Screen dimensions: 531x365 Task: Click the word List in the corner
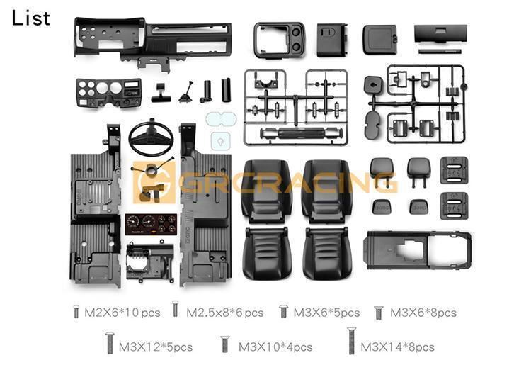pos(31,18)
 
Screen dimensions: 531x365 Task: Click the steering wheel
pos(151,137)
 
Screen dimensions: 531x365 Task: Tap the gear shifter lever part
pos(186,92)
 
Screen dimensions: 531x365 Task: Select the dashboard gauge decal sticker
pos(151,225)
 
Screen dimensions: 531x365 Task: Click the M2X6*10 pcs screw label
pos(122,313)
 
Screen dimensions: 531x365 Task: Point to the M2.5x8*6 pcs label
pos(225,313)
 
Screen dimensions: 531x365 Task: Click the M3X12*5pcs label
pos(156,347)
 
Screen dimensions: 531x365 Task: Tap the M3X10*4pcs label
pos(275,347)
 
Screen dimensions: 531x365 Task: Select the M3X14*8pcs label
pos(397,347)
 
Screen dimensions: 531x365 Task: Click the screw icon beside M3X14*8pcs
pos(351,341)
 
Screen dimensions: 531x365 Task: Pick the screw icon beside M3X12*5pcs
pos(110,343)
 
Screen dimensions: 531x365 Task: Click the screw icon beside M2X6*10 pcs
pos(76,311)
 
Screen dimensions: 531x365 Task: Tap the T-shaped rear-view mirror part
pos(161,92)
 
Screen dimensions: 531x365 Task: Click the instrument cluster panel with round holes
pos(109,93)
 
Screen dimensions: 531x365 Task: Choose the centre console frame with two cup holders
pos(280,40)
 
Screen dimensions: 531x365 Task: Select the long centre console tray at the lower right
pos(417,250)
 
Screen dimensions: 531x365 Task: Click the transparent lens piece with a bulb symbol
pos(220,141)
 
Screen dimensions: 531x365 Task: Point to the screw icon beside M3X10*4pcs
pos(224,344)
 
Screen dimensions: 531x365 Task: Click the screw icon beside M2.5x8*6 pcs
pos(175,309)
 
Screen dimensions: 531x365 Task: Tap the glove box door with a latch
pos(379,39)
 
